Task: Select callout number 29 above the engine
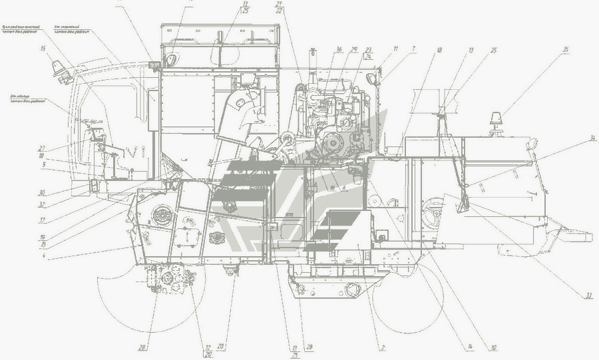point(355,49)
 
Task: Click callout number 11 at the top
point(395,48)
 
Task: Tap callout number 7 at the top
point(413,48)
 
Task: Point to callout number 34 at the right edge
point(574,138)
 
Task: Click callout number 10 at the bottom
point(494,347)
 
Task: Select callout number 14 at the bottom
point(469,347)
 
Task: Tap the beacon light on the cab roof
point(59,69)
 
